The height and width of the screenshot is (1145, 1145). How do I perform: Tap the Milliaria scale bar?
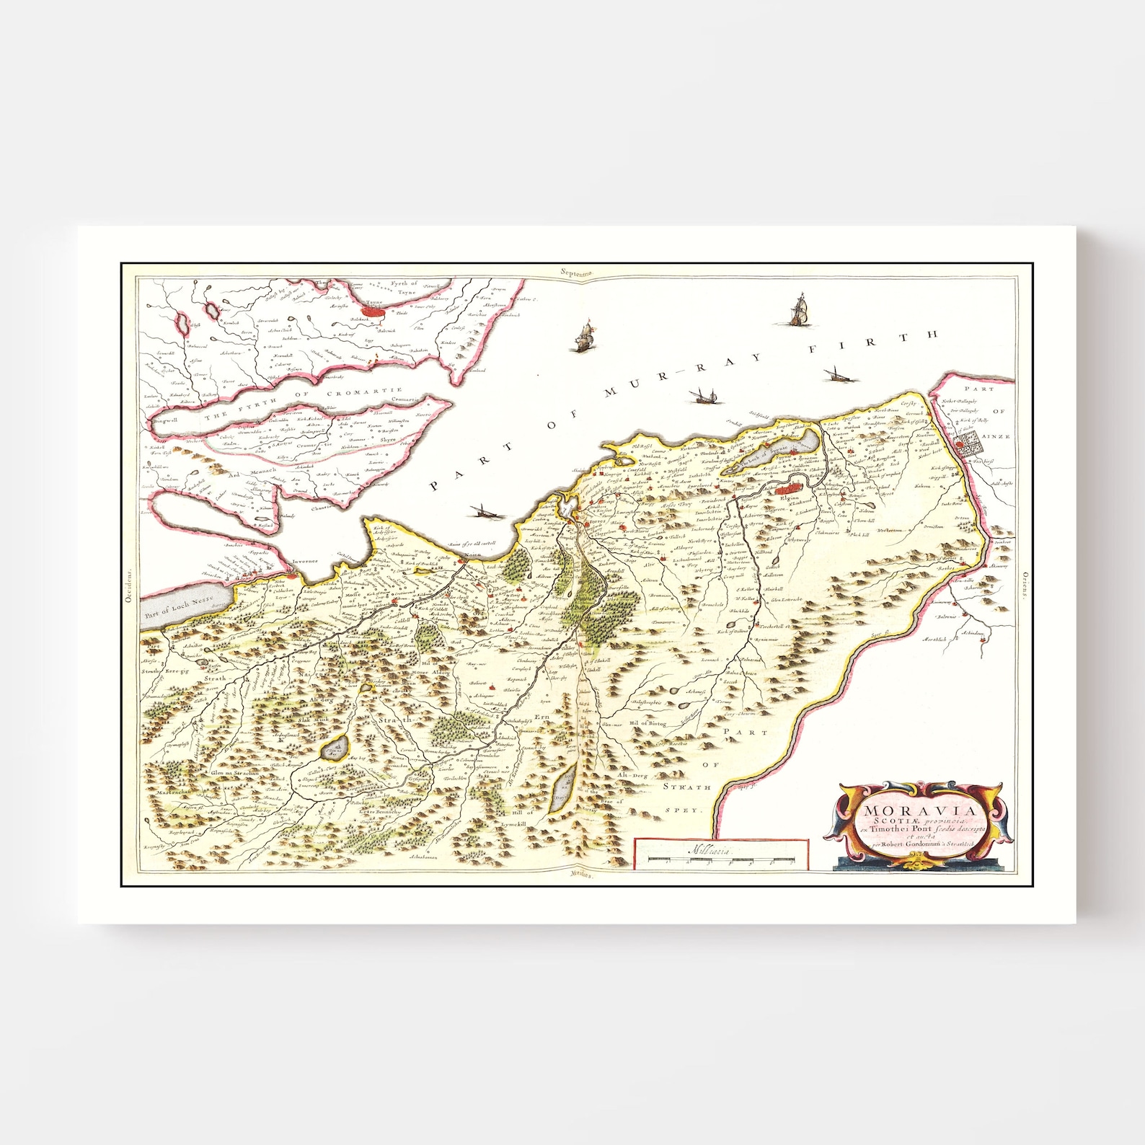721,859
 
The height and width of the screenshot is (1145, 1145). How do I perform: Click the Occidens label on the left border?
130,585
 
